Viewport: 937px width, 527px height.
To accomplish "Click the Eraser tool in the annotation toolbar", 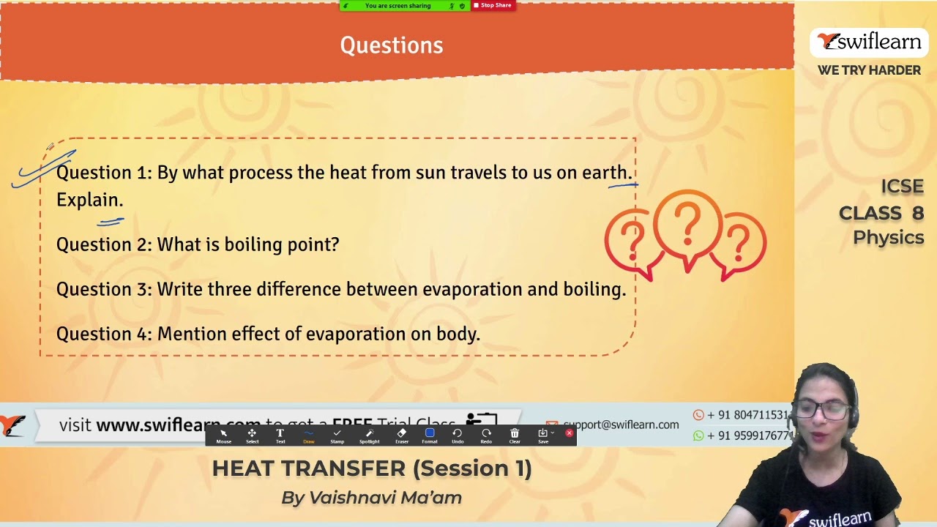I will pos(401,434).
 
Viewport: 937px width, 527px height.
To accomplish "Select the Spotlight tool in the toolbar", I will pos(369,434).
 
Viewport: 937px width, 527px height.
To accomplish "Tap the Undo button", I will pos(458,434).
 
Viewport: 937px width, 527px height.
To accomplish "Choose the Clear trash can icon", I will pos(515,434).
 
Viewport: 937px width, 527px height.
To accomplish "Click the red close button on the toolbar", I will pos(569,433).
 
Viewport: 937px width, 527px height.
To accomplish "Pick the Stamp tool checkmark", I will pos(337,434).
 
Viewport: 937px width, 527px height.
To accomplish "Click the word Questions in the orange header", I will pos(392,45).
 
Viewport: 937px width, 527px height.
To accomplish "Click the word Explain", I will pos(89,200).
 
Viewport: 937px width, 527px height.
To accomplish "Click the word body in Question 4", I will pos(459,334).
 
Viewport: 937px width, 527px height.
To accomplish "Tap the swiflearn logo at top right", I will pos(869,42).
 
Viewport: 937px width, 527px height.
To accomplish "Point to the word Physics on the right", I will pos(888,238).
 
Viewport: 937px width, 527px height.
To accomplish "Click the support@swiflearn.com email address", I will pos(621,425).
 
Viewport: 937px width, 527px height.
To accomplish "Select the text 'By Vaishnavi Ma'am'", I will pos(371,498).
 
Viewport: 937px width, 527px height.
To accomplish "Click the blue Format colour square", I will pos(430,433).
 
